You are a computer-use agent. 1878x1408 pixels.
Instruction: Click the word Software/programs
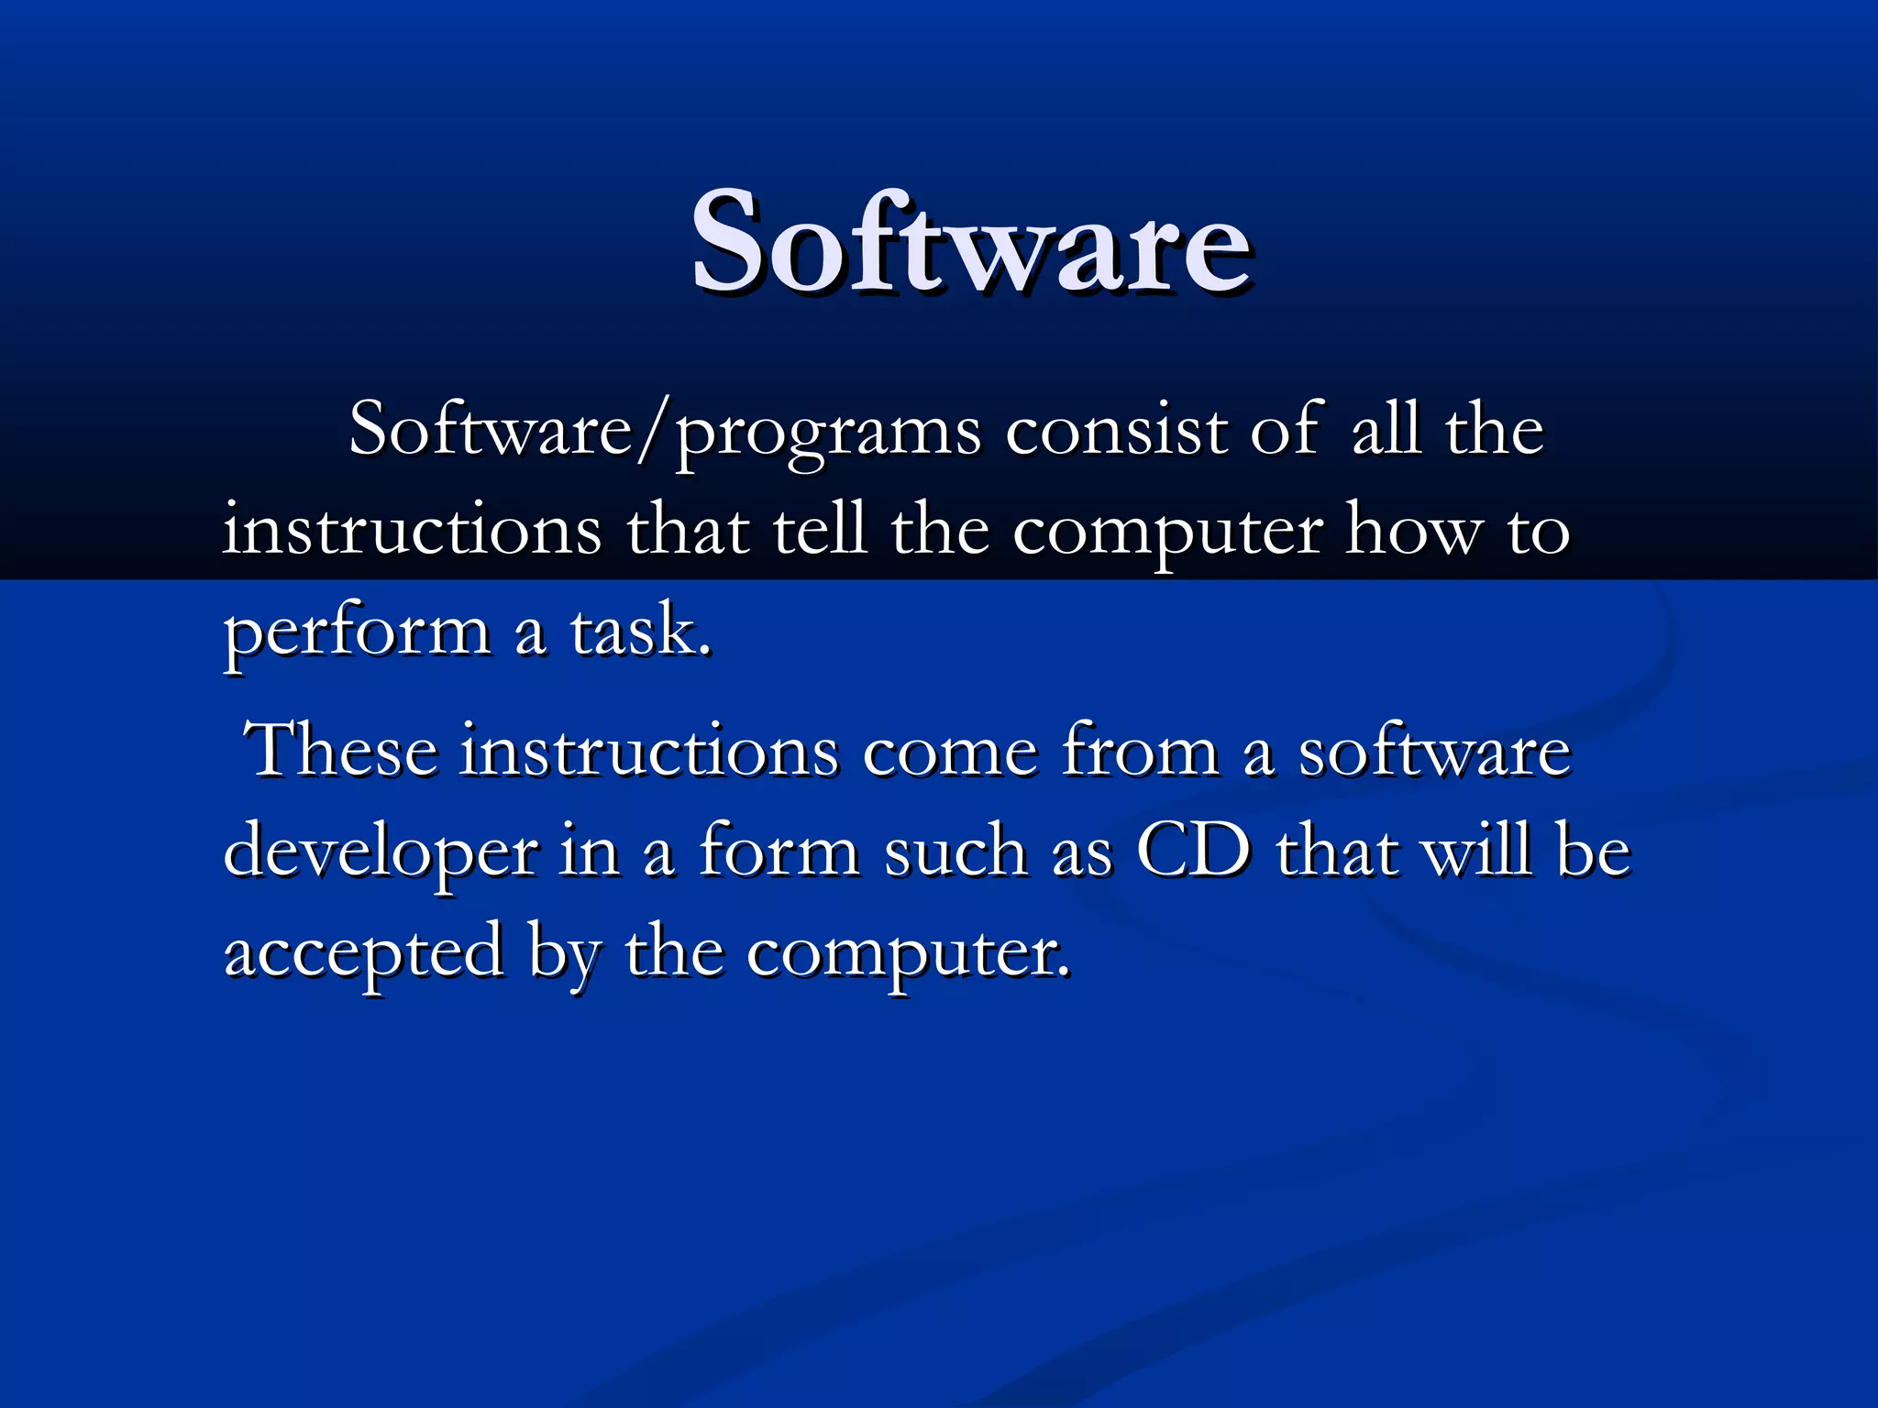(665, 431)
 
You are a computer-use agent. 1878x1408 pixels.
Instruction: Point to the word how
(1411, 530)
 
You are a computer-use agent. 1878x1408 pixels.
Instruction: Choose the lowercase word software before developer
(1434, 750)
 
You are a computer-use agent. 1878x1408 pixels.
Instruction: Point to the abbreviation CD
(1193, 851)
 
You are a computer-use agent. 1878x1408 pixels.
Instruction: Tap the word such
(955, 851)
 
